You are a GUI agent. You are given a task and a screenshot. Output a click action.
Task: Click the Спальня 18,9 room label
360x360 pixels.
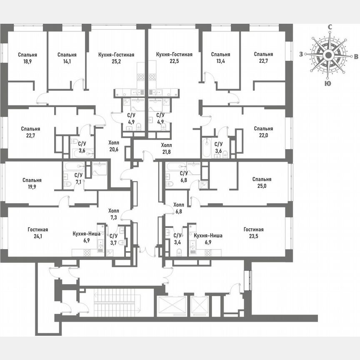pyautogui.click(x=27, y=58)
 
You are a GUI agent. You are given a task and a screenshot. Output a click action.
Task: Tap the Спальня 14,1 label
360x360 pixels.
pyautogui.click(x=67, y=58)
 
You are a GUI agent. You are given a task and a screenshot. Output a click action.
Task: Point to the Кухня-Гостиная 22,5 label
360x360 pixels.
pyautogui.click(x=174, y=58)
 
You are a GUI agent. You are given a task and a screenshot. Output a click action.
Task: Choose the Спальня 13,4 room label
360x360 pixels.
pyautogui.click(x=220, y=58)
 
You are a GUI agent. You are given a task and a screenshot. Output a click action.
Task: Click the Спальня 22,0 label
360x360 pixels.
pyautogui.click(x=263, y=132)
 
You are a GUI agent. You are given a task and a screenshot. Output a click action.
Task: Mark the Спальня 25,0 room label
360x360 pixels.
pyautogui.click(x=262, y=183)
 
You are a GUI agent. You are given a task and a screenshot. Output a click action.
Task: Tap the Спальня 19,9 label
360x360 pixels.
pyautogui.click(x=32, y=184)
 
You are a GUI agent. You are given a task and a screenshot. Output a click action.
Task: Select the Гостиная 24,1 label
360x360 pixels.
pyautogui.click(x=38, y=233)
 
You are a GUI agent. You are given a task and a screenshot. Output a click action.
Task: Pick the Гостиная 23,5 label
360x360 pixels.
pyautogui.click(x=254, y=233)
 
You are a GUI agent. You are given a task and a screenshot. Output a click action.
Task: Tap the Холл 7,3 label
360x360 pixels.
pyautogui.click(x=113, y=214)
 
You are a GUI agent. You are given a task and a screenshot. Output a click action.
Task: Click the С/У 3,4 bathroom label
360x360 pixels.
pyautogui.click(x=177, y=239)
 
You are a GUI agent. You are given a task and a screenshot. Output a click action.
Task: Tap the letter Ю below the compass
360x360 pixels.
pyautogui.click(x=328, y=83)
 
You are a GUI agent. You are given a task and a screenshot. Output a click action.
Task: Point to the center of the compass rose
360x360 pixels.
pyautogui.click(x=328, y=55)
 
